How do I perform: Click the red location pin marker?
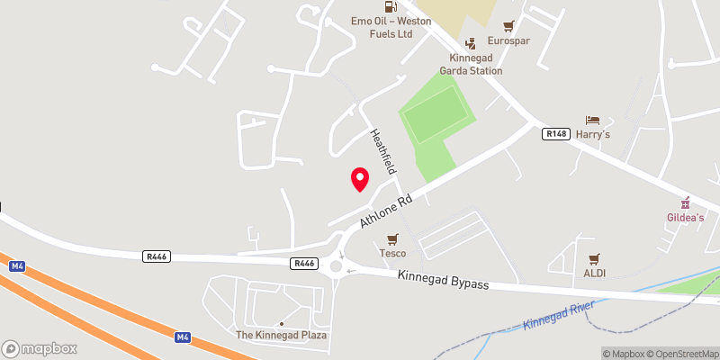[x=360, y=179]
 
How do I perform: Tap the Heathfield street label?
[x=383, y=151]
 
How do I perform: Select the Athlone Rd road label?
[x=386, y=209]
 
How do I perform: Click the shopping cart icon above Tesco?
[x=392, y=239]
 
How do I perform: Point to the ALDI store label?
[x=593, y=273]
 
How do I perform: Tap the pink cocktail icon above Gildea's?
[x=686, y=202]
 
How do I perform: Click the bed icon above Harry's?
[x=592, y=121]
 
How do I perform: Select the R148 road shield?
[x=554, y=133]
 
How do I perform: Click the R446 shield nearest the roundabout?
[x=304, y=264]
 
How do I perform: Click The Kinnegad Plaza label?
[x=282, y=335]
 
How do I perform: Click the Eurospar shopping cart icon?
[x=509, y=26]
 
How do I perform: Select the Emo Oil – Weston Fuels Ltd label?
[x=381, y=26]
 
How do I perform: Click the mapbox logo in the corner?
[x=40, y=348]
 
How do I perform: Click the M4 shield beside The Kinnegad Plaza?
[x=183, y=337]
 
